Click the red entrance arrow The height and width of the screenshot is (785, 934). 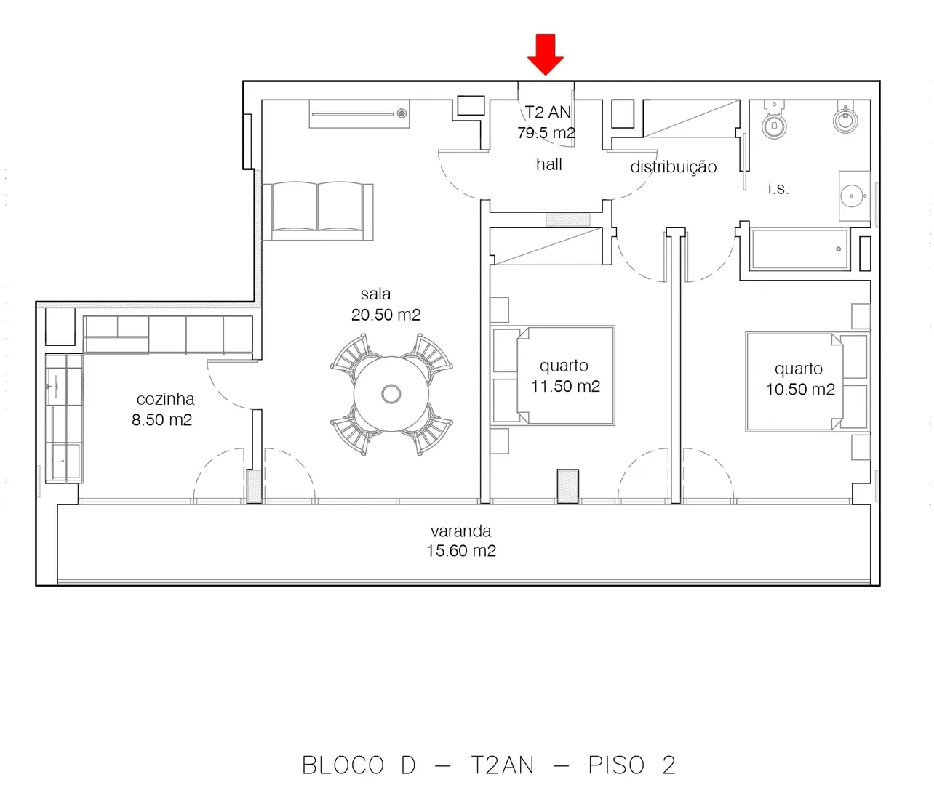(546, 54)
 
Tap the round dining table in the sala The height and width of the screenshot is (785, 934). (391, 394)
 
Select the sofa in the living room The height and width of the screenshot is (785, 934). (318, 211)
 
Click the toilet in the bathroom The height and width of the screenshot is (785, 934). (774, 120)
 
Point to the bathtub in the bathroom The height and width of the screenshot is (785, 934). (800, 249)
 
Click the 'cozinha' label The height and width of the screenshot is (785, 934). (166, 399)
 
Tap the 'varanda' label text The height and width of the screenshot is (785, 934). (460, 531)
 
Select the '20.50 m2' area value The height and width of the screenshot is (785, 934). (386, 315)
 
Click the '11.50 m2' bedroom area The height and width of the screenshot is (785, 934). (565, 386)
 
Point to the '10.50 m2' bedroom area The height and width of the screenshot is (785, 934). (800, 389)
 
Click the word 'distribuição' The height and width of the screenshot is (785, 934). (673, 166)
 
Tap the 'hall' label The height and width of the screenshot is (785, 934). (549, 164)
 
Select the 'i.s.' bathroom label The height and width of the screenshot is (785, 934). (778, 188)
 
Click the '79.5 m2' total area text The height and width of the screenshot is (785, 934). (546, 133)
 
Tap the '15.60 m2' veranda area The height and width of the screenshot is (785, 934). (460, 551)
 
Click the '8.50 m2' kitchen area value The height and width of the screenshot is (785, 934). (162, 420)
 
